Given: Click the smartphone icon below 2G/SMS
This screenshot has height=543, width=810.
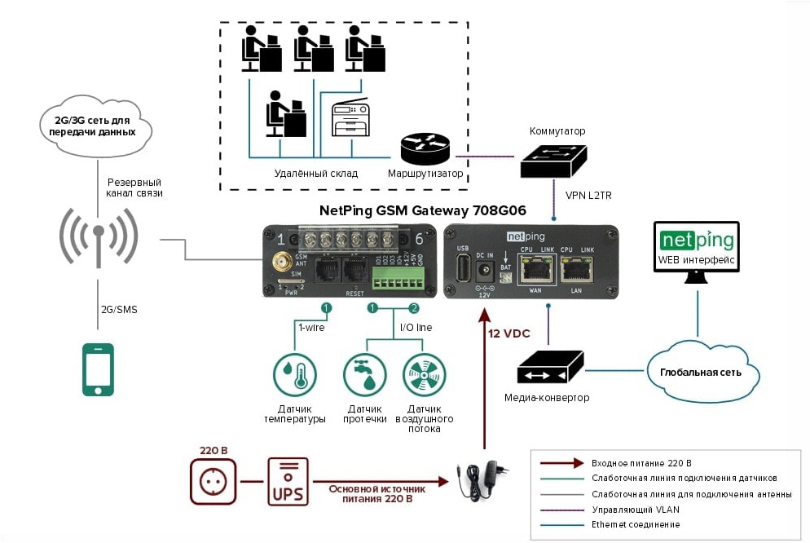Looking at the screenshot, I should pyautogui.click(x=98, y=369).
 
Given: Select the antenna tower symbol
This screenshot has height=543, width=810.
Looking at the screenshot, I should pyautogui.click(x=98, y=238).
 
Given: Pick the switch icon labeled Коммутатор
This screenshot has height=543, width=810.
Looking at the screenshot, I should pyautogui.click(x=554, y=160).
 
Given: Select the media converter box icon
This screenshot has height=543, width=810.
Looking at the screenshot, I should pyautogui.click(x=551, y=368).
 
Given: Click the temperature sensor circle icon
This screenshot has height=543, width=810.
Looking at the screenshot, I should pyautogui.click(x=294, y=375).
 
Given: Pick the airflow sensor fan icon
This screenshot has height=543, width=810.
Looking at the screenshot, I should pyautogui.click(x=425, y=375).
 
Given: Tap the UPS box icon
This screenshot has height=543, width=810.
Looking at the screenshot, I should pyautogui.click(x=287, y=482).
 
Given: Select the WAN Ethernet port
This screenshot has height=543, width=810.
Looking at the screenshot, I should pyautogui.click(x=536, y=267).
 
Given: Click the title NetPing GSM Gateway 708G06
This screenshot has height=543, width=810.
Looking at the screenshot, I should pyautogui.click(x=424, y=210).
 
